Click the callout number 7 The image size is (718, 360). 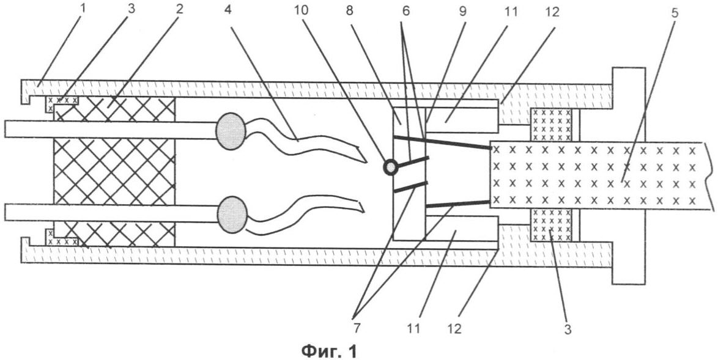(x=357, y=328)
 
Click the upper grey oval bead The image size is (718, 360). (x=231, y=130)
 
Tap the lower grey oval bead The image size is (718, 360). (x=232, y=214)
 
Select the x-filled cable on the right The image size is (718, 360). (x=599, y=174)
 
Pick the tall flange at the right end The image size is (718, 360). (x=628, y=175)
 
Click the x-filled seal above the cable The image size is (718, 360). (x=551, y=125)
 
